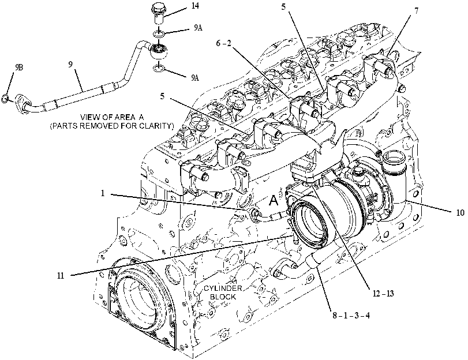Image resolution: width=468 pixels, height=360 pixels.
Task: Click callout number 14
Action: click(x=195, y=6)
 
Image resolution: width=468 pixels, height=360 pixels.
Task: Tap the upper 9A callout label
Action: click(x=198, y=28)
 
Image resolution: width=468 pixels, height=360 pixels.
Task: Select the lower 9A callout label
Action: click(x=195, y=78)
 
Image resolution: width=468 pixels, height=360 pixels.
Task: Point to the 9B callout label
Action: click(x=18, y=67)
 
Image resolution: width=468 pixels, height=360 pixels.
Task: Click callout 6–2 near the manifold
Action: click(x=224, y=43)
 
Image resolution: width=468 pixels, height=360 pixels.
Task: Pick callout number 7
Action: click(x=417, y=11)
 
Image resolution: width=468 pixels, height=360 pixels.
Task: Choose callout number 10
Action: click(x=460, y=212)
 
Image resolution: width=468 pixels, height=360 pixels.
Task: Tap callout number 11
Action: click(x=61, y=276)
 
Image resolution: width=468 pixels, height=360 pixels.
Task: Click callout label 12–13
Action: click(x=383, y=294)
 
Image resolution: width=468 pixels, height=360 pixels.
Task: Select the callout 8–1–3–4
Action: click(x=351, y=315)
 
